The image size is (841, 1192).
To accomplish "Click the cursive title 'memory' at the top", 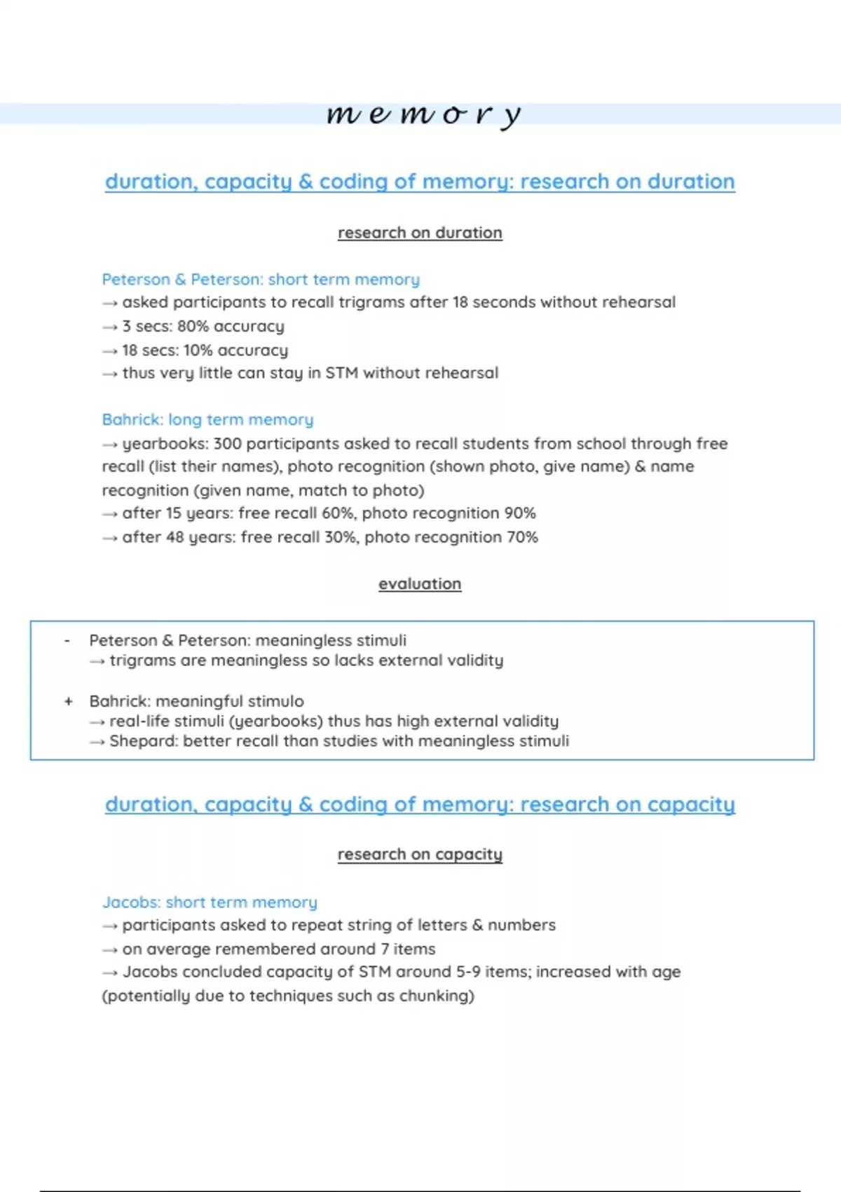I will coord(423,114).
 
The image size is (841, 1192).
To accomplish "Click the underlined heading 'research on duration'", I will coord(420,233).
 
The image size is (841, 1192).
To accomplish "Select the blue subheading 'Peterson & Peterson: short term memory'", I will coord(261,279).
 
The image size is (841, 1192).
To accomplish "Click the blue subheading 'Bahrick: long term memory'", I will coord(207,419).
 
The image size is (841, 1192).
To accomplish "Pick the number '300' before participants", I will coord(227,443).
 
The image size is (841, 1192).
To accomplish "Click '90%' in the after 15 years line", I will coord(520,513).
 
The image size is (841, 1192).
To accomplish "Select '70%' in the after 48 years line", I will coord(522,537).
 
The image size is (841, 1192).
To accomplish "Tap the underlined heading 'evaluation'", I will coord(420,583).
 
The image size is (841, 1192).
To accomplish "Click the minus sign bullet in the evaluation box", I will coord(67,640).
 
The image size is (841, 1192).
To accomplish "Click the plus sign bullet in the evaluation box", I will coord(68,701).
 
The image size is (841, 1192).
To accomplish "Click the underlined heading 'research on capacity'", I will coord(420,854).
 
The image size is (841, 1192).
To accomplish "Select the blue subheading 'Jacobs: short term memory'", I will coord(210,902).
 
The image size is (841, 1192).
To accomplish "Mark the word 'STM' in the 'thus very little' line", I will coord(341,373).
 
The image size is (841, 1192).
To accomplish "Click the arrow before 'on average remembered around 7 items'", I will coord(110,949).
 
